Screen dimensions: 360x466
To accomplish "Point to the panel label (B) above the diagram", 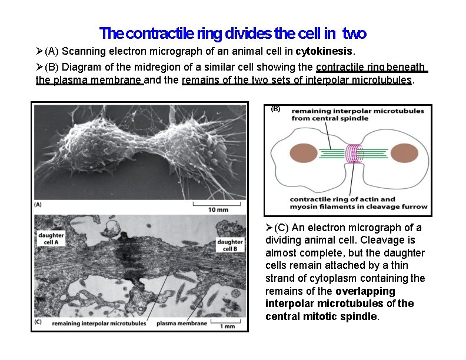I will click(275, 108).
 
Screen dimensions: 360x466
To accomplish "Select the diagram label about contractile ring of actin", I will click(351, 202).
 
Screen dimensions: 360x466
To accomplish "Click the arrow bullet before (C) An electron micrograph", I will click(269, 228).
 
